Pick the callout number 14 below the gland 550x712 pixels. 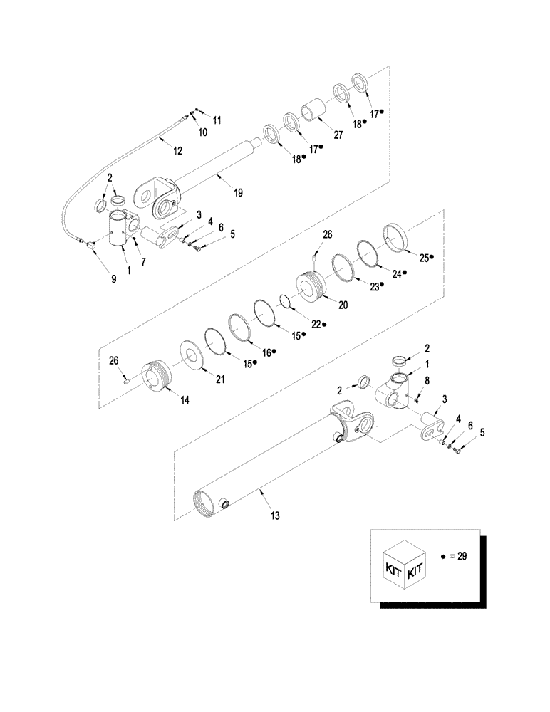coord(184,401)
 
